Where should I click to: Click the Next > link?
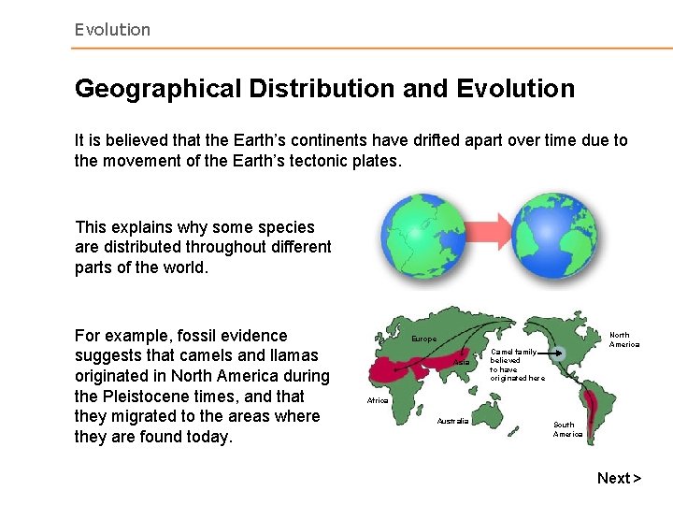tap(619, 478)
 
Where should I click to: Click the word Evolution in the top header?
tap(112, 30)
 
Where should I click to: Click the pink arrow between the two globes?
tap(484, 234)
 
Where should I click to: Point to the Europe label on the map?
tap(423, 339)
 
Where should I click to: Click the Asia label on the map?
tap(461, 362)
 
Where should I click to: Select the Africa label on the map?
tap(378, 399)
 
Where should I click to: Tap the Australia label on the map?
tap(452, 421)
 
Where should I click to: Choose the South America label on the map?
tap(567, 429)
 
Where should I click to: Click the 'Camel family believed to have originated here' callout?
tap(516, 365)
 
